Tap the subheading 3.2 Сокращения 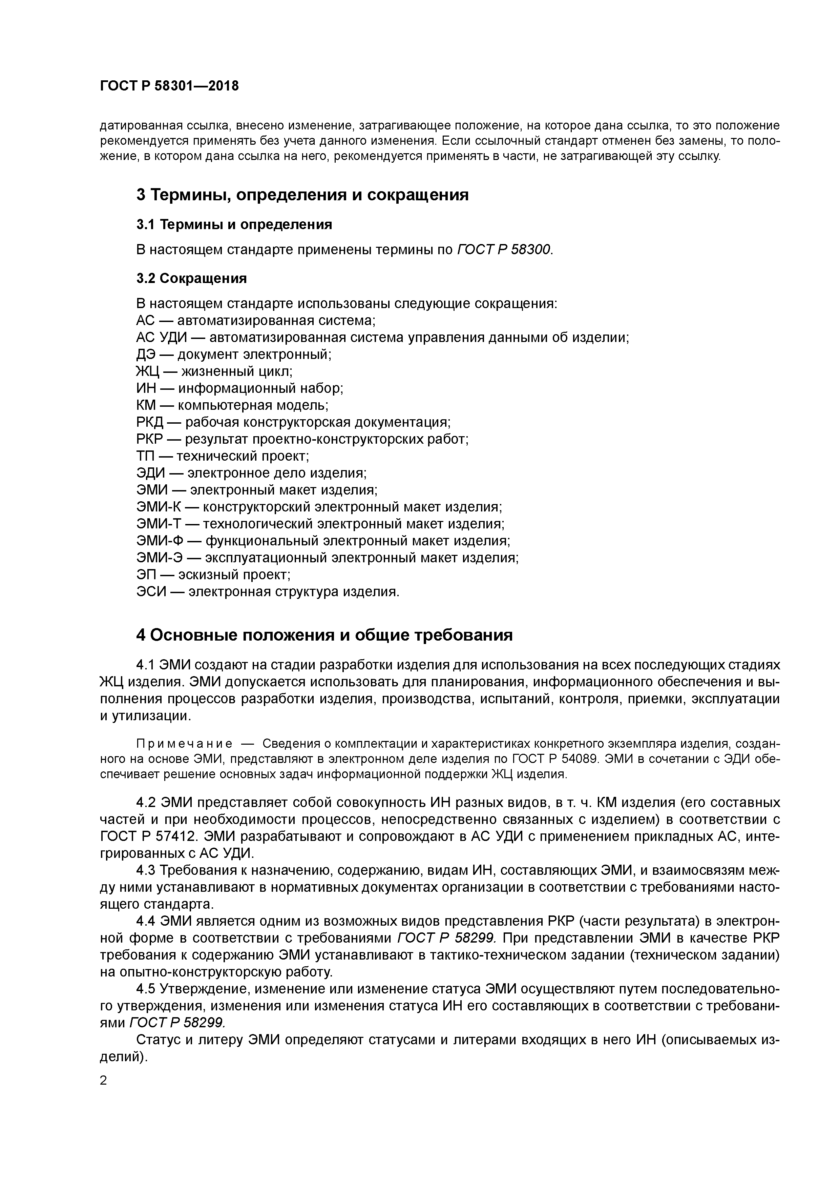pyautogui.click(x=191, y=279)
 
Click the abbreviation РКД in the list pyautogui.click(x=150, y=422)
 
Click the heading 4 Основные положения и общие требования pyautogui.click(x=324, y=635)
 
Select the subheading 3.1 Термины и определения pyautogui.click(x=234, y=224)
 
